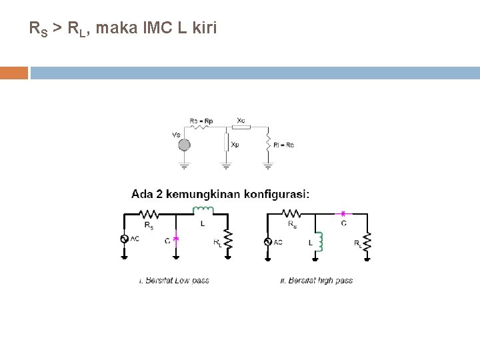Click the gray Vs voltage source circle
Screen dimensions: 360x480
pos(184,145)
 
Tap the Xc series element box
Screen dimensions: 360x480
pos(241,127)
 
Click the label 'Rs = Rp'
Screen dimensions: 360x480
pos(201,121)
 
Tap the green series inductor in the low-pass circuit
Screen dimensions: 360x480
pos(202,212)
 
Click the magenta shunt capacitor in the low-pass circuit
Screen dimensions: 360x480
pos(176,237)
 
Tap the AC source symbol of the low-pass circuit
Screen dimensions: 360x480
pos(124,239)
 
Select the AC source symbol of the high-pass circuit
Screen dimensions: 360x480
pos(268,241)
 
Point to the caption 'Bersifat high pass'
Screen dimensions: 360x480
pos(319,281)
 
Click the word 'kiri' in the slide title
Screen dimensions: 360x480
pos(205,28)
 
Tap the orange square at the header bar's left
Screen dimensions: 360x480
pos(14,72)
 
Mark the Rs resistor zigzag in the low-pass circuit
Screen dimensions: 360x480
pos(149,215)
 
